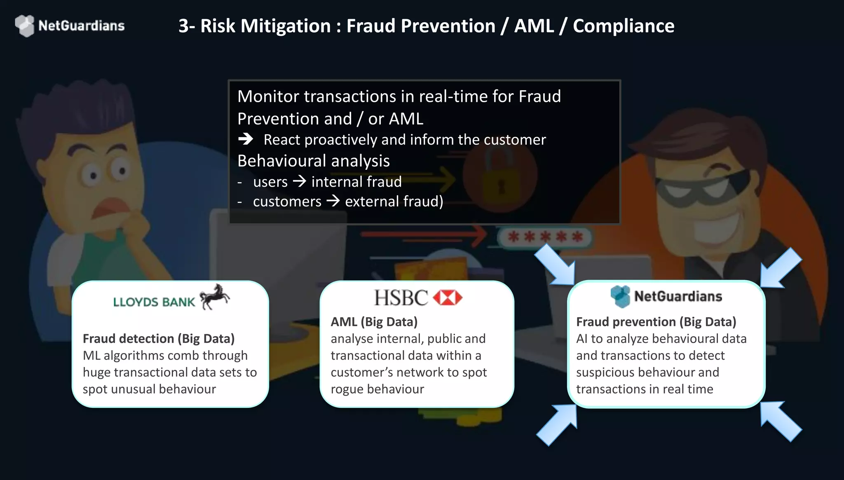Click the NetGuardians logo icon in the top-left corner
[25, 26]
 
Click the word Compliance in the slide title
[624, 26]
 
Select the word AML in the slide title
[534, 26]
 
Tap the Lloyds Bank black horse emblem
[214, 297]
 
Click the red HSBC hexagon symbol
[448, 297]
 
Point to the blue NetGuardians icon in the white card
[620, 296]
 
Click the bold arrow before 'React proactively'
[246, 139]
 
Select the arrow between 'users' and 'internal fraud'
[300, 181]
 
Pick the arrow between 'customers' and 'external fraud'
[333, 201]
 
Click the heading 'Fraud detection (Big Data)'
[159, 339]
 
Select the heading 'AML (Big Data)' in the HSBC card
[374, 322]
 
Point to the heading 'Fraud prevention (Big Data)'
[656, 322]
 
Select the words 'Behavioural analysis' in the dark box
[314, 161]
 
